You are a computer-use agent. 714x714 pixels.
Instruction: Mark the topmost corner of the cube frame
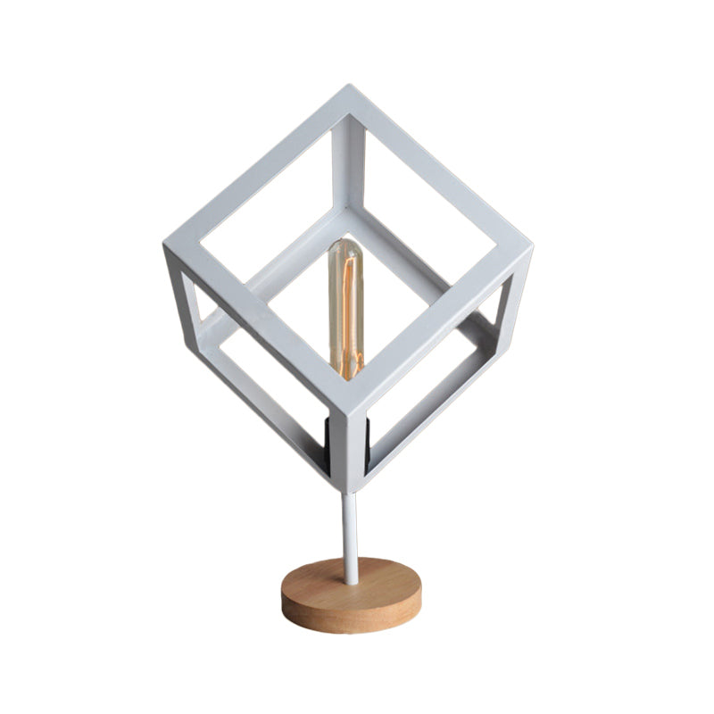pos(349,89)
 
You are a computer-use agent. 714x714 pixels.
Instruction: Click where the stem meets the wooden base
pos(350,580)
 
